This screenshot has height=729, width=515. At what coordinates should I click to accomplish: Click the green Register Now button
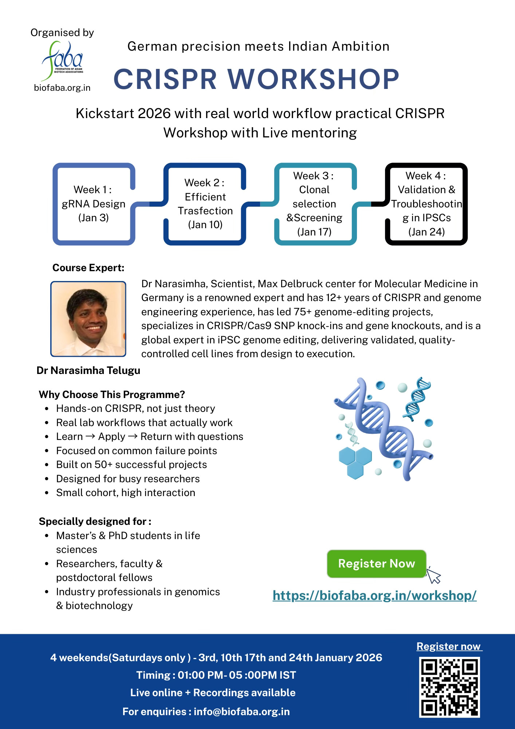point(376,564)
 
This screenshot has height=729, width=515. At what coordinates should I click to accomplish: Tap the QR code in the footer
point(449,687)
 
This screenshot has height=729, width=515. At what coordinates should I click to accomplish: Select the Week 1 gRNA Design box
point(94,204)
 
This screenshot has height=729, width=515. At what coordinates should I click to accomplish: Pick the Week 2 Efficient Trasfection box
point(205,204)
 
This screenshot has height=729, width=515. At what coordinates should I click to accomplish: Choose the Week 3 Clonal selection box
point(314,204)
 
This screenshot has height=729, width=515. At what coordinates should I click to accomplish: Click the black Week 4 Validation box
point(426,204)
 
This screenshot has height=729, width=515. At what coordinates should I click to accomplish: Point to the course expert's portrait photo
point(88,319)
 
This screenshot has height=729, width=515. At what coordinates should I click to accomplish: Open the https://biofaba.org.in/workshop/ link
point(374,595)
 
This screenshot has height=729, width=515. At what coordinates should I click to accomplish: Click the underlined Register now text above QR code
point(449,646)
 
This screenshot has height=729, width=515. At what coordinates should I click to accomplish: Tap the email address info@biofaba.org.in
point(242,711)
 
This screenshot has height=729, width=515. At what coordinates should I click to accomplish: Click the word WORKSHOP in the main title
point(314,79)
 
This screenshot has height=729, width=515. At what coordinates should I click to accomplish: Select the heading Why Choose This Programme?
point(112,394)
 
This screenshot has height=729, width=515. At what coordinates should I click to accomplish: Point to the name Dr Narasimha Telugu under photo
point(89,370)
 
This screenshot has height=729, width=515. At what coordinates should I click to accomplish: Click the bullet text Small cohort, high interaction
point(125,492)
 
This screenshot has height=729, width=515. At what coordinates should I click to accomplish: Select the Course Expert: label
point(89,268)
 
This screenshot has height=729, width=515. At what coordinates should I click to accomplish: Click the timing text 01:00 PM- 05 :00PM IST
point(237,675)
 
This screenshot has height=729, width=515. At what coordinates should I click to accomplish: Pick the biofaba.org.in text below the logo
point(62,87)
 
